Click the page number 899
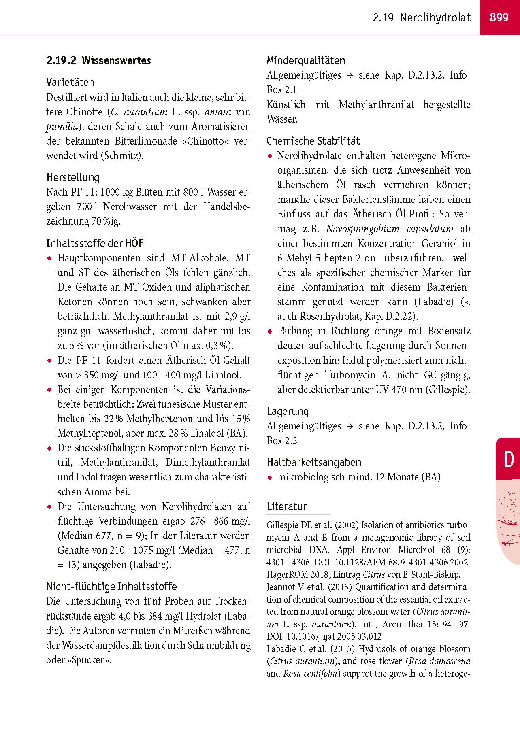(499, 17)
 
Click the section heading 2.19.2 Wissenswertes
(98, 61)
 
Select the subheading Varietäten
(70, 82)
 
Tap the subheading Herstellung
(72, 177)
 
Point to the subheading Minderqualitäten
(306, 61)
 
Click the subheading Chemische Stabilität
(313, 141)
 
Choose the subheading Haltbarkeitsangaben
(314, 462)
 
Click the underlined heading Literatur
(287, 506)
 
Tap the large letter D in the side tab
(508, 459)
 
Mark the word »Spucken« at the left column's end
(90, 660)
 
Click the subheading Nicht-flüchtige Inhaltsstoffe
(111, 587)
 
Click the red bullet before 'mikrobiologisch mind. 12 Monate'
(270, 477)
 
